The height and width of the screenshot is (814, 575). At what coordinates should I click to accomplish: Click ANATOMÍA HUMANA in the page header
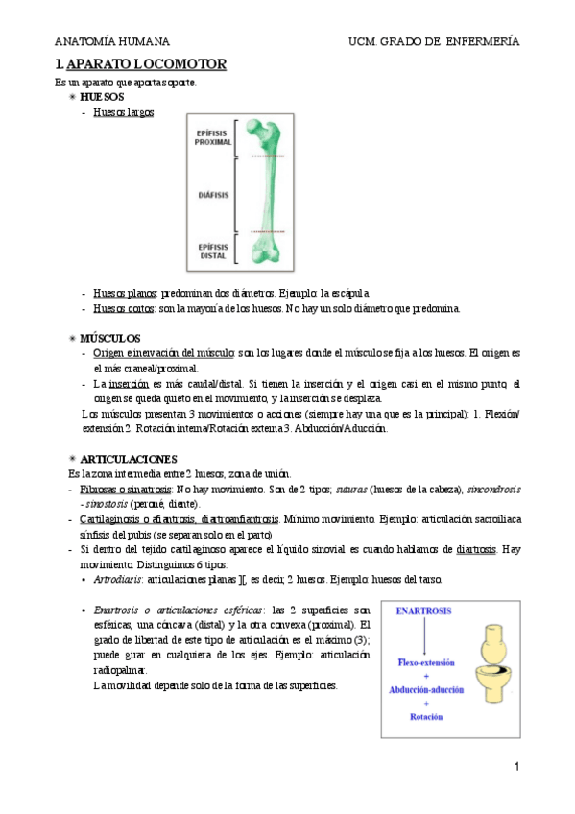pos(112,42)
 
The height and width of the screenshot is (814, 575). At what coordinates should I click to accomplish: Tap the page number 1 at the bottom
pos(516,767)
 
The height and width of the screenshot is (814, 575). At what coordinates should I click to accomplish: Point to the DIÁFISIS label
pos(212,195)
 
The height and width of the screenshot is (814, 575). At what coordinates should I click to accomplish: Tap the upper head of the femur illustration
pos(260,130)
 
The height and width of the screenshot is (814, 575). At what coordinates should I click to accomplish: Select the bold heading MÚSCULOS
pos(110,339)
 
